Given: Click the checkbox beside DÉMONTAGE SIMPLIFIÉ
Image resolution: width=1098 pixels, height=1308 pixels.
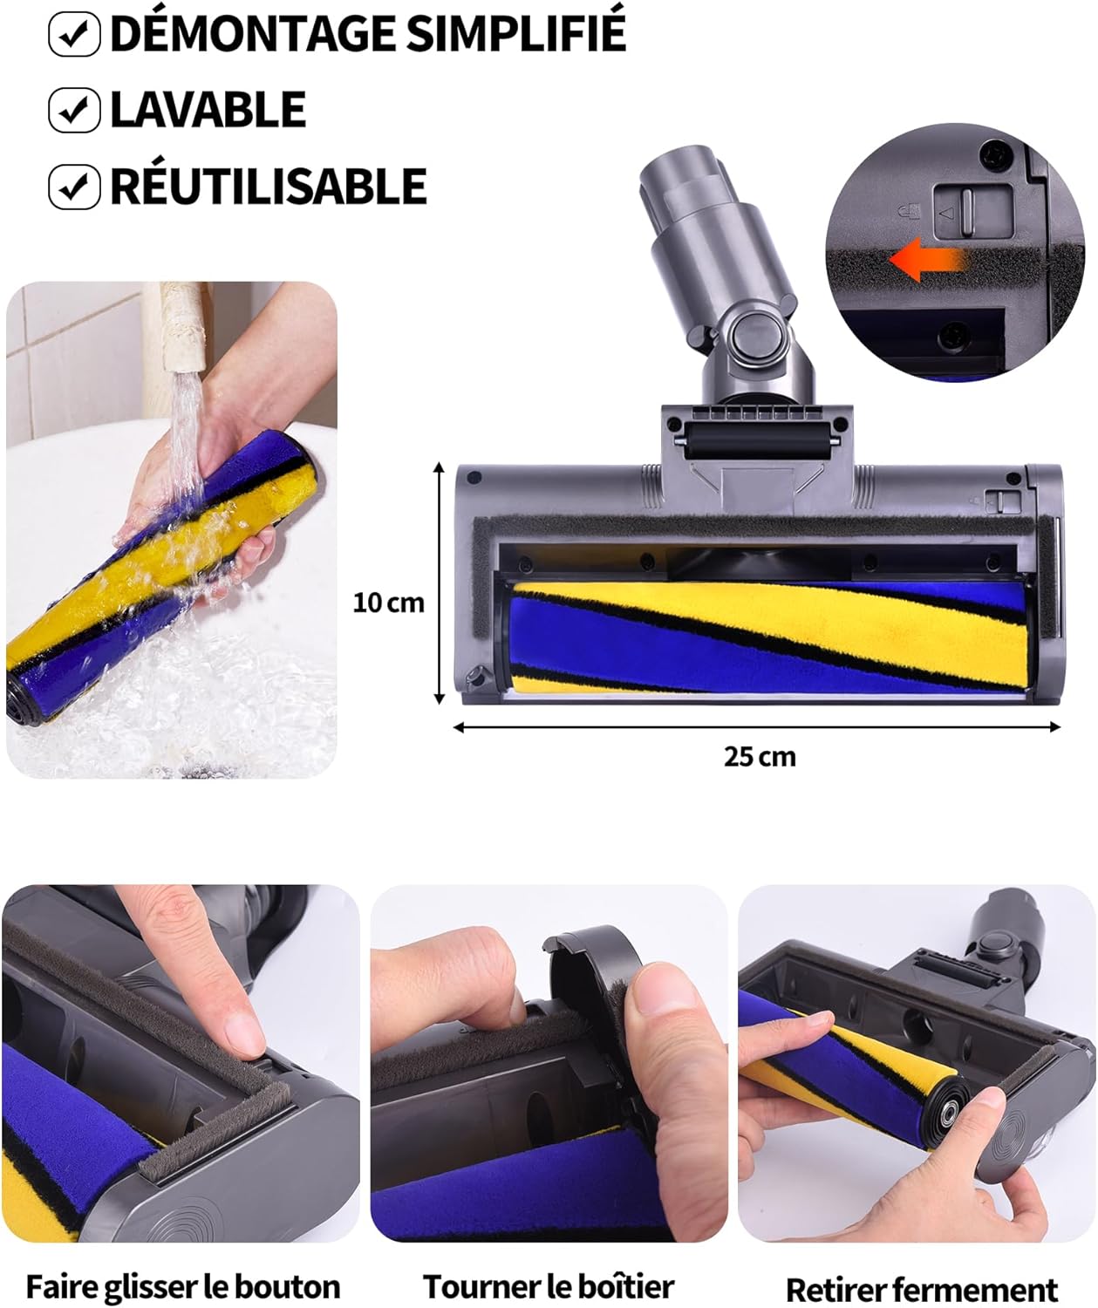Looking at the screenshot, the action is click(x=74, y=35).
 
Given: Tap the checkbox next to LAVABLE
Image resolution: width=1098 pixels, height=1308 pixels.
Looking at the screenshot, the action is click(x=74, y=110).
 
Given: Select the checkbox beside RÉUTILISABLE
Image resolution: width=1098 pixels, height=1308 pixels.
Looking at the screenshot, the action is click(x=74, y=187).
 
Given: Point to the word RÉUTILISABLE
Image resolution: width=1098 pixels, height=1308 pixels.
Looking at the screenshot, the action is click(x=269, y=187).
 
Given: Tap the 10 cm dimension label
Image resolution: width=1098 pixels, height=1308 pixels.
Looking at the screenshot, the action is click(x=389, y=603).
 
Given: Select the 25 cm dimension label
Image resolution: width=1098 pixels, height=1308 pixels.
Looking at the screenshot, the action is click(x=760, y=757).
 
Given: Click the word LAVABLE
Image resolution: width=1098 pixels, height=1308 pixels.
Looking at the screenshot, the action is click(x=208, y=110).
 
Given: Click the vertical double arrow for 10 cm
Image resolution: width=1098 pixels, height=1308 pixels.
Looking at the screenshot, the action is click(x=440, y=582).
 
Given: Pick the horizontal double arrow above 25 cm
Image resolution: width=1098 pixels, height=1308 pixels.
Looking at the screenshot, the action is click(x=756, y=726).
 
